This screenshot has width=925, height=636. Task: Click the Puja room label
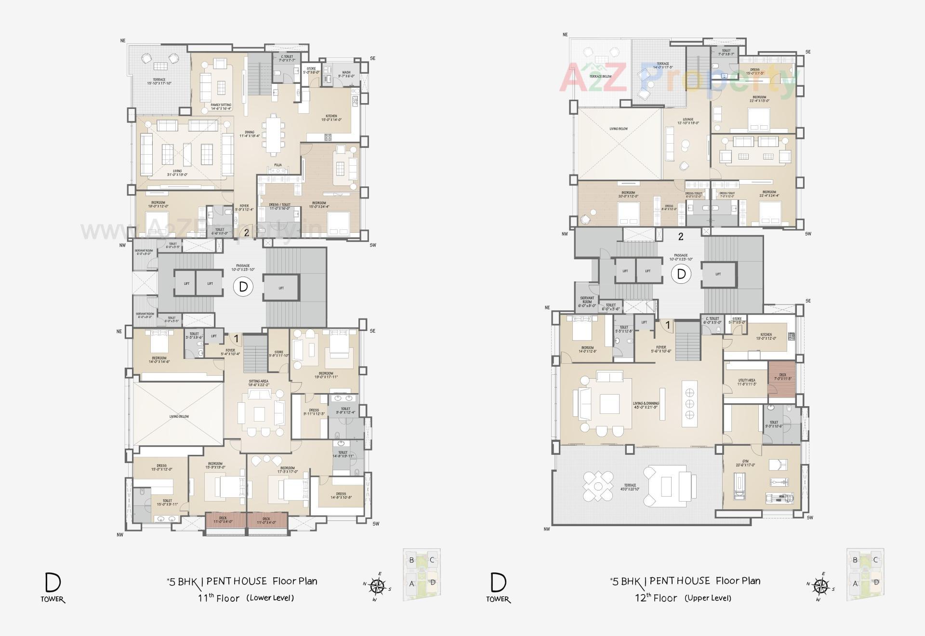(x=278, y=165)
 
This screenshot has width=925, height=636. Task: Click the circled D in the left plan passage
(x=243, y=287)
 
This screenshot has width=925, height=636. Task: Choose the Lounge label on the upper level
(x=687, y=121)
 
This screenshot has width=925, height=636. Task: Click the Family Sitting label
(x=221, y=106)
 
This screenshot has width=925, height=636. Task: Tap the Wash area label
(x=346, y=74)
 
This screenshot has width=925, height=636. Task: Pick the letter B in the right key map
(x=855, y=560)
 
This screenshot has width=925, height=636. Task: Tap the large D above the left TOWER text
(x=53, y=583)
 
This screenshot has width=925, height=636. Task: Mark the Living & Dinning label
(x=646, y=405)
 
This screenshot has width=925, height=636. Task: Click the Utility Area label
(x=747, y=382)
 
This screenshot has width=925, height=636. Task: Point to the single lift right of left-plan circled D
(x=281, y=288)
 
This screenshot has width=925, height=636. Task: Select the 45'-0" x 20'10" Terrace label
(x=630, y=487)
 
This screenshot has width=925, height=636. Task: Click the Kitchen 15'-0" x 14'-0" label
(x=331, y=118)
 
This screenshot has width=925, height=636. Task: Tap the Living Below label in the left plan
(x=179, y=416)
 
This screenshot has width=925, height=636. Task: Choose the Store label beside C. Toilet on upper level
(x=737, y=320)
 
